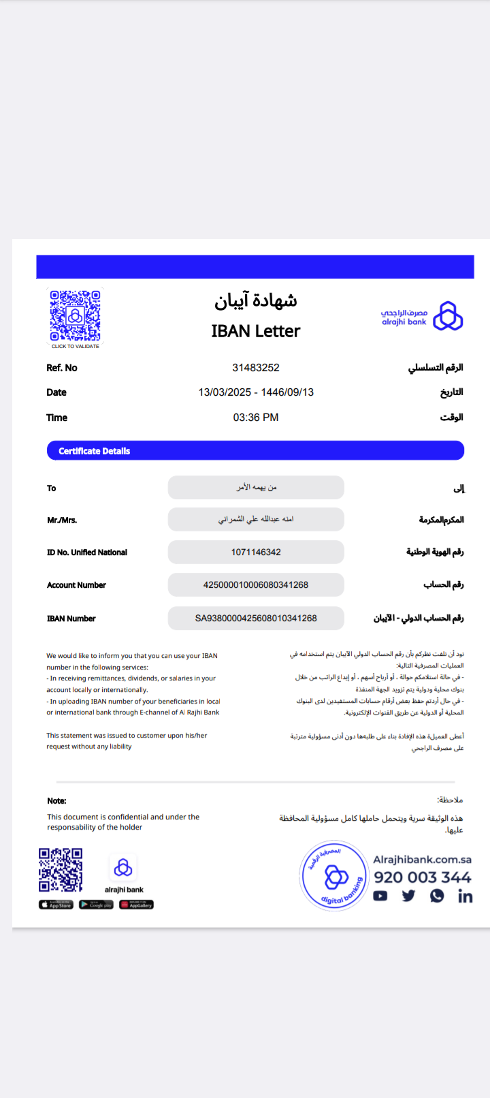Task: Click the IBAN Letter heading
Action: [x=255, y=331]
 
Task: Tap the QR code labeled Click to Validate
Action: [x=76, y=316]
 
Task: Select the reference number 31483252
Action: [x=256, y=368]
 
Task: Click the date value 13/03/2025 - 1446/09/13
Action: [x=256, y=392]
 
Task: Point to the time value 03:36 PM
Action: [x=256, y=418]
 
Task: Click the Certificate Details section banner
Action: [x=255, y=450]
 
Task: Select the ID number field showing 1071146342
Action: [x=256, y=552]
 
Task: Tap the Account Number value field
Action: [x=256, y=585]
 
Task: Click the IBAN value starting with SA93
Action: [x=256, y=618]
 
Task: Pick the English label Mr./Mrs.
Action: [x=62, y=520]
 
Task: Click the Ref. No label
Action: [x=62, y=368]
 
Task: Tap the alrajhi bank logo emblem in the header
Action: [x=448, y=317]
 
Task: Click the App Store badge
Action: [x=56, y=905]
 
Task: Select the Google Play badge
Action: [x=96, y=905]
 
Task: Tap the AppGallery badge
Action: [x=136, y=905]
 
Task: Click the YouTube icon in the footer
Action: [x=380, y=896]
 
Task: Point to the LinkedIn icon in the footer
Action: [x=465, y=896]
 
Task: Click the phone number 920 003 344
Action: [x=422, y=877]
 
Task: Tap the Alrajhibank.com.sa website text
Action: [x=422, y=860]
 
